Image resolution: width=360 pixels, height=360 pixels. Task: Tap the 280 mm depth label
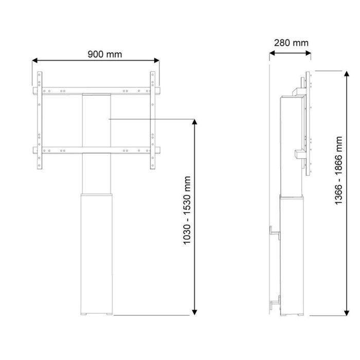291,43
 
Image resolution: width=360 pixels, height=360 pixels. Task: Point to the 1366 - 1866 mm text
338,171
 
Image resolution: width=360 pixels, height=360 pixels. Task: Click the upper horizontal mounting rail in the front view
96,91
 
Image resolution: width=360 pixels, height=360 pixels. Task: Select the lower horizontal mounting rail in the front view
96,150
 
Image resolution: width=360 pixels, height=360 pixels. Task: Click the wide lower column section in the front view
96,252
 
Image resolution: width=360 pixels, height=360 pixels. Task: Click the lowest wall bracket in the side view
277,303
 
